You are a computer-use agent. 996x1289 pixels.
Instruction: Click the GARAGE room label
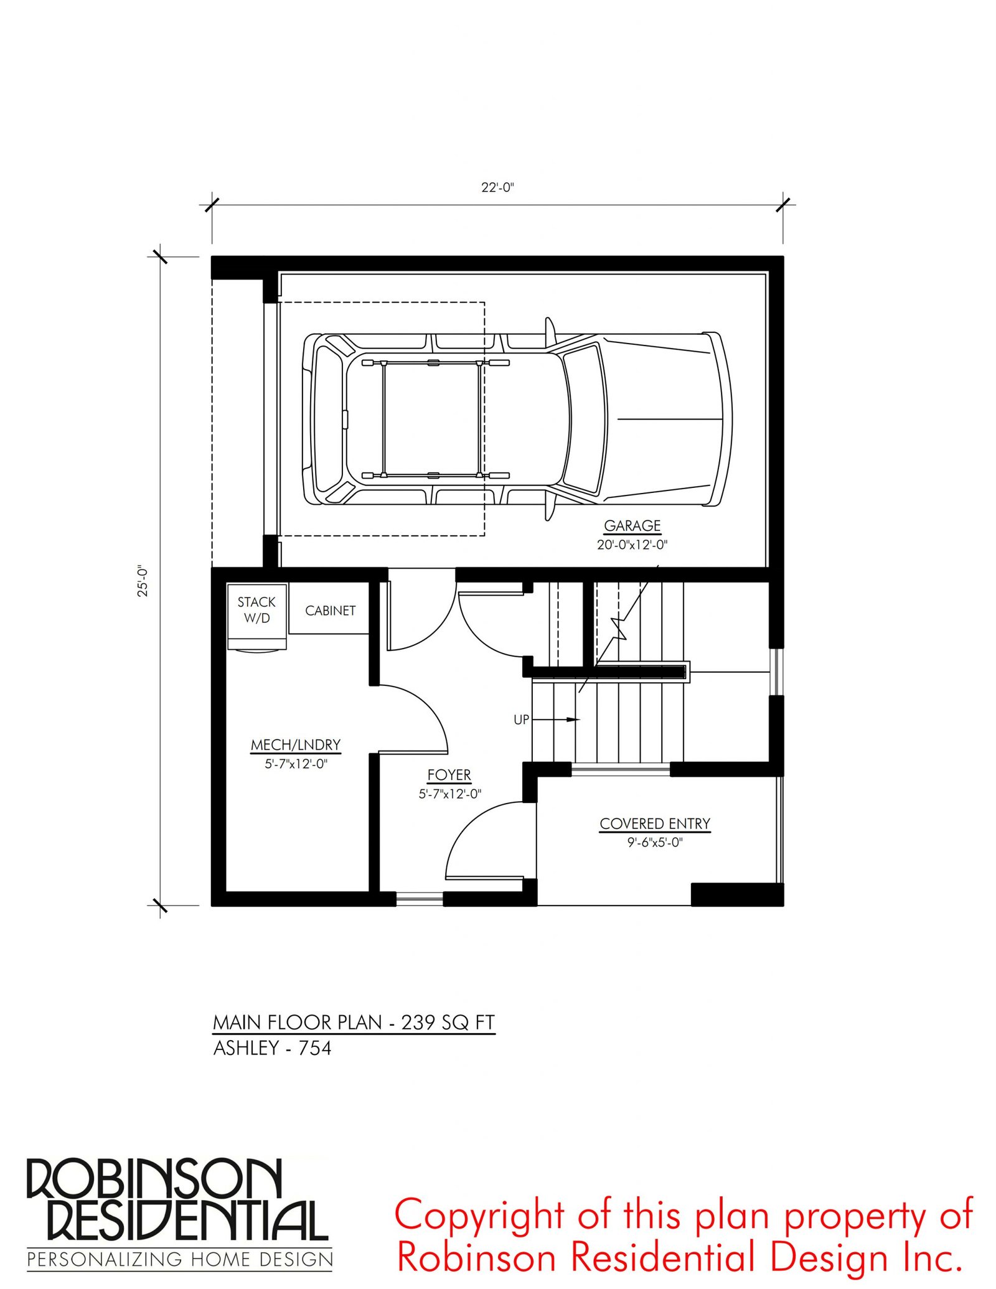tap(632, 526)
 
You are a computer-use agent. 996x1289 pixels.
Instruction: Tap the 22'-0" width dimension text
tap(497, 187)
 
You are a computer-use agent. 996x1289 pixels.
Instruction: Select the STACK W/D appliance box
tap(256, 616)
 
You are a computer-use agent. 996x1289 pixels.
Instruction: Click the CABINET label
tap(330, 611)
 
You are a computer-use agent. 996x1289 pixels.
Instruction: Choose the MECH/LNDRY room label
tap(296, 744)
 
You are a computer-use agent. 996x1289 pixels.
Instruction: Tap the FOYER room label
tap(449, 775)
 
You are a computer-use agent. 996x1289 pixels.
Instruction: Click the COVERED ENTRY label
tap(655, 823)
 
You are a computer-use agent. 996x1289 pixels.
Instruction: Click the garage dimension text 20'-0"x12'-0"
tap(632, 545)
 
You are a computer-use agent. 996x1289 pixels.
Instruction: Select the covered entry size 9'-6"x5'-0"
tap(655, 843)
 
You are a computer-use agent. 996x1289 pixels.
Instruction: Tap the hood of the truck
tap(666, 419)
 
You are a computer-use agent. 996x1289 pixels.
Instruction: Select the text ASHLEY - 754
tap(272, 1048)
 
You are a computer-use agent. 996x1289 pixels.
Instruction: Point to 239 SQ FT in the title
tap(448, 1022)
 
